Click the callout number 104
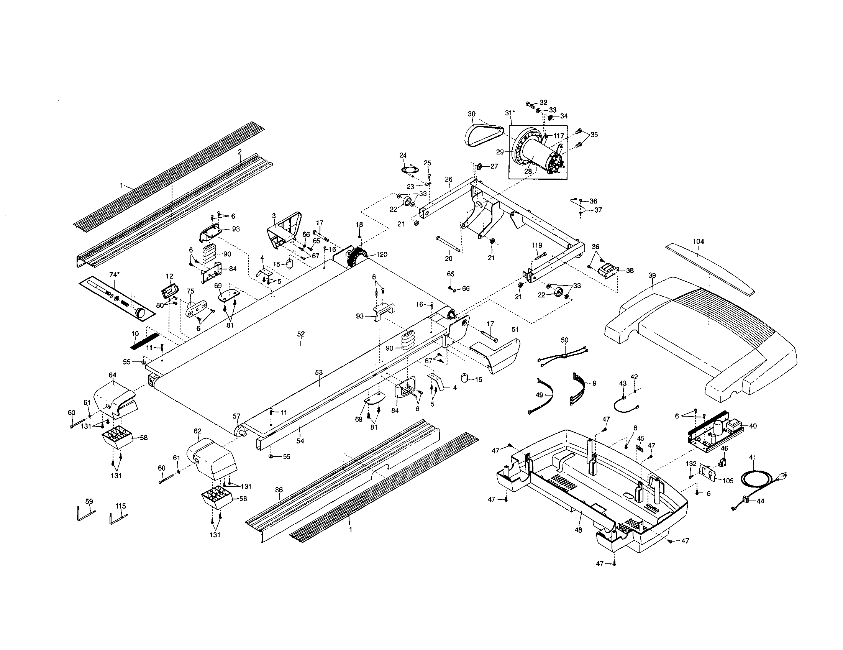coord(698,241)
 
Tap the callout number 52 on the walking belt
coord(301,334)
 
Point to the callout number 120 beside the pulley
coord(382,254)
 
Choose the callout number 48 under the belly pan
coord(578,530)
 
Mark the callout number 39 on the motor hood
coord(652,276)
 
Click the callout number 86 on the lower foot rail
coord(279,490)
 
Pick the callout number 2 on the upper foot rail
coord(240,152)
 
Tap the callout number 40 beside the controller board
coord(753,426)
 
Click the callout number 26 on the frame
coord(448,179)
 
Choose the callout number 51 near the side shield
coord(515,329)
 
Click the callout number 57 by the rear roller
coord(236,416)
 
